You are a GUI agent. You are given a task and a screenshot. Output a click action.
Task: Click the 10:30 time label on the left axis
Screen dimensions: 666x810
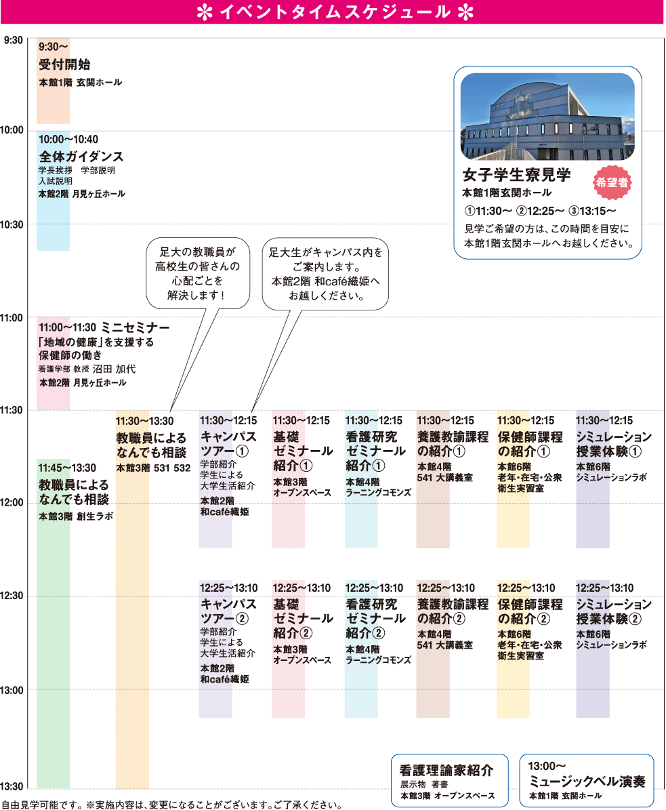(x=12, y=225)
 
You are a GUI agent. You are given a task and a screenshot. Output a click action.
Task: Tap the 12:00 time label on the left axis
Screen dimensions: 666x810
(x=12, y=502)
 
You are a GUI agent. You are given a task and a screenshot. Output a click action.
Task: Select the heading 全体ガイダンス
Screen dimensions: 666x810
(x=81, y=157)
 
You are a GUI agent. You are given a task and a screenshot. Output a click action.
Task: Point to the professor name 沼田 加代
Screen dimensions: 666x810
(x=114, y=369)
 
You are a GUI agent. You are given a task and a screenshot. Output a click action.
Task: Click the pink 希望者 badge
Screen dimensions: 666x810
(x=612, y=182)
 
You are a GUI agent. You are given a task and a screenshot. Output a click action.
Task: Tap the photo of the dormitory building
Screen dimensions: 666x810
(x=547, y=116)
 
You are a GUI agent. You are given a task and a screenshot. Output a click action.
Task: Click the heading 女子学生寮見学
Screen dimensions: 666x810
(x=517, y=175)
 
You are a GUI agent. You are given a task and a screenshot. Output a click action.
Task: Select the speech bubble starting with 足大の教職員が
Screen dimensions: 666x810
(x=199, y=273)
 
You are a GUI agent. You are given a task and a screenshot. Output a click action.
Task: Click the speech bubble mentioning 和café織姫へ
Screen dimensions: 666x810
(x=325, y=274)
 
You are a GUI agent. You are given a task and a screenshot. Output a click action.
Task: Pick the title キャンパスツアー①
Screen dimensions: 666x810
(x=228, y=444)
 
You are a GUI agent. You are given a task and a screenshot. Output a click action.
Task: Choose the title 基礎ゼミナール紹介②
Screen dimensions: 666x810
(x=303, y=618)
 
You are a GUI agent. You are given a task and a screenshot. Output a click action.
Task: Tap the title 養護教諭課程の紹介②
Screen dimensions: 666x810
(x=453, y=611)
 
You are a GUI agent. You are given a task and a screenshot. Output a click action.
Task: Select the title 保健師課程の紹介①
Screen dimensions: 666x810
(x=530, y=444)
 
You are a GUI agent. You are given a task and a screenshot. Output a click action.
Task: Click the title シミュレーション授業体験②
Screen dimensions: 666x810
(x=614, y=611)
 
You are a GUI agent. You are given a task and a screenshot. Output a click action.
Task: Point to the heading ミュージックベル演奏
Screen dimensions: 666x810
(x=587, y=782)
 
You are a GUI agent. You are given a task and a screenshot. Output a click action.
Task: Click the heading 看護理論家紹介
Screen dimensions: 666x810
(x=446, y=770)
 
